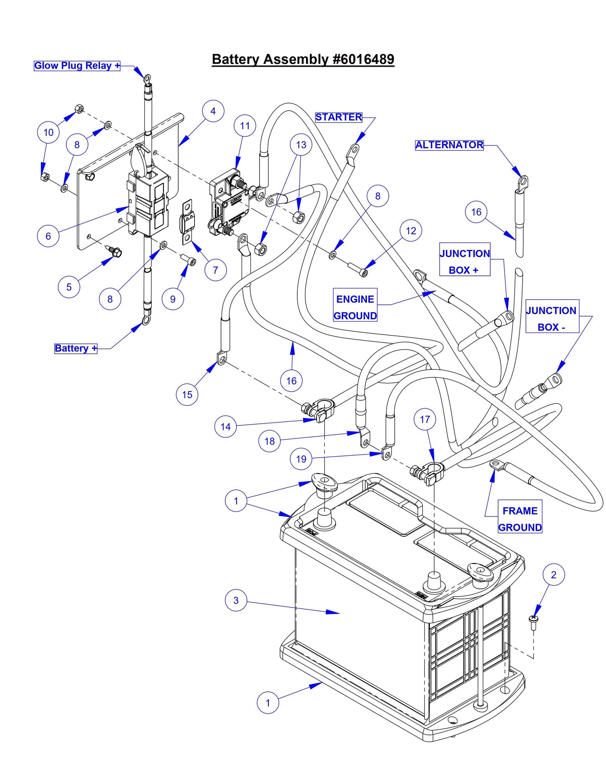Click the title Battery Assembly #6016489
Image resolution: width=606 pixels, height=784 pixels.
(x=303, y=59)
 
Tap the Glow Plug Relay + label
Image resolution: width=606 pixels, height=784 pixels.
(x=77, y=66)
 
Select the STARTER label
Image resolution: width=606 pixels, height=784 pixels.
(x=338, y=117)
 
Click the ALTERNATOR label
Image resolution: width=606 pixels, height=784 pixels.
(x=449, y=145)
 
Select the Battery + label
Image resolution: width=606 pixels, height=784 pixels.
(x=75, y=348)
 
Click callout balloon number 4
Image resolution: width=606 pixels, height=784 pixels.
(x=213, y=111)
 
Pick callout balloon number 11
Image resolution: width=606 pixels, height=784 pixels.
(x=245, y=126)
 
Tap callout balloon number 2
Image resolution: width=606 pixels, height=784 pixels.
(x=554, y=575)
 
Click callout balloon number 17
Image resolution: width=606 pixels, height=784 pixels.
(x=425, y=419)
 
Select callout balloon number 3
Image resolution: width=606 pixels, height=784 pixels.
(x=236, y=600)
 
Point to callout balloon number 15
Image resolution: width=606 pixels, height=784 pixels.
(x=187, y=395)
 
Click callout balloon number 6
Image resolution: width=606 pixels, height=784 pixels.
(x=48, y=236)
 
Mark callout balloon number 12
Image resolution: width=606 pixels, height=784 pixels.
(x=411, y=231)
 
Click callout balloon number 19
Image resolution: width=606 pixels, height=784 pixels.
(x=301, y=459)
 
